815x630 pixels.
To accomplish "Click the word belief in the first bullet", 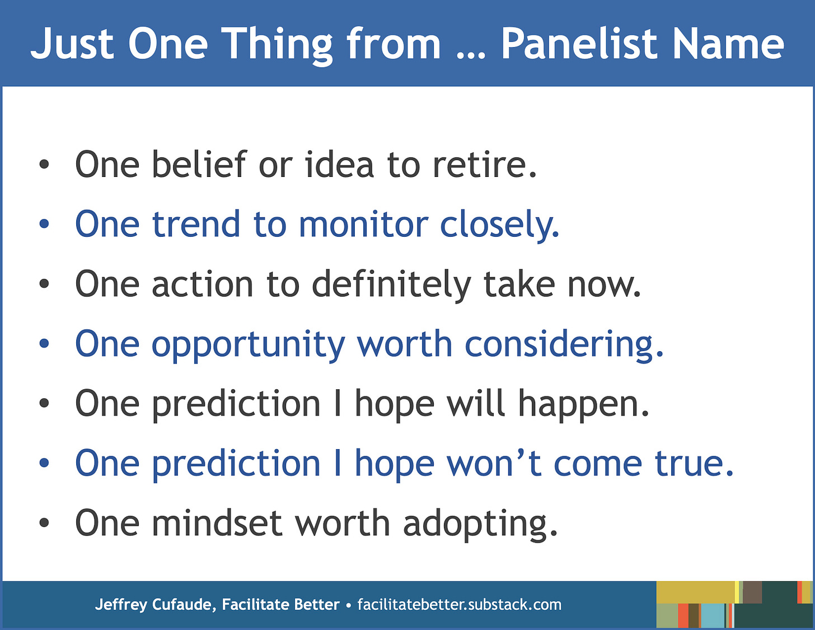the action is pos(199,164).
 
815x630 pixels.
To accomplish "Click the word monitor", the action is pos(363,224).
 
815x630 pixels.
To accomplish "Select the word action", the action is pos(203,284).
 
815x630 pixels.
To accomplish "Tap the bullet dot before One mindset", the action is pos(44,522).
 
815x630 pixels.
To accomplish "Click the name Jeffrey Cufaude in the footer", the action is pos(156,605).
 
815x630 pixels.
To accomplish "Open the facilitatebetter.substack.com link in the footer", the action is pos(460,604).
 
